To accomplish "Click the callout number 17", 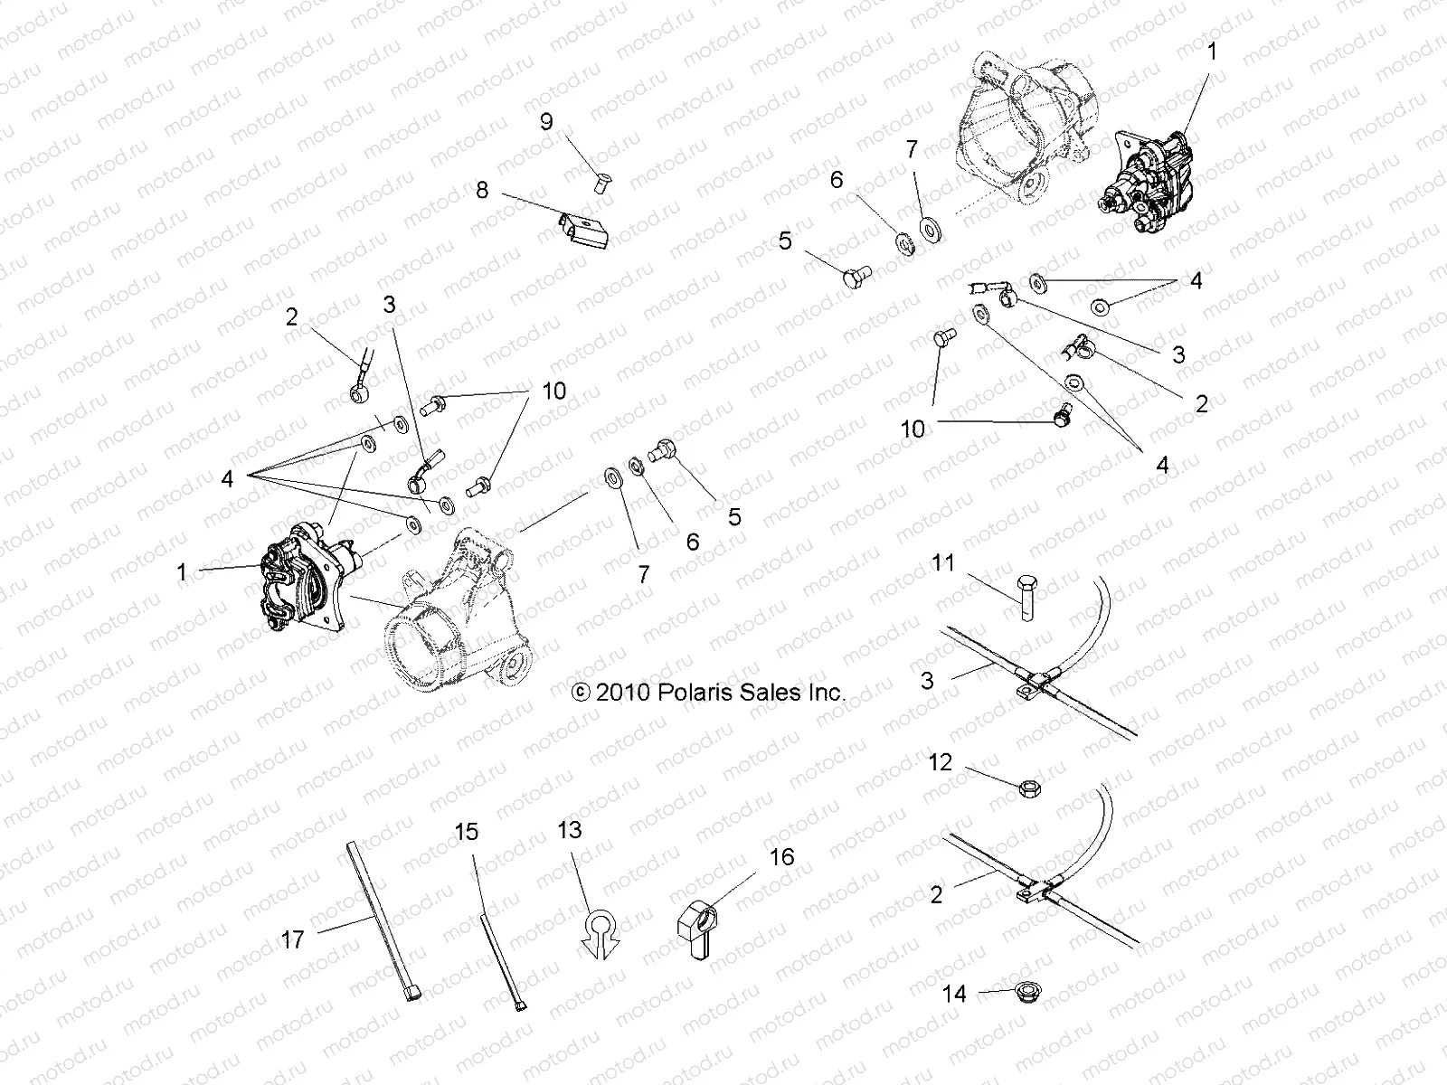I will click(292, 940).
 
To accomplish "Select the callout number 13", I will click(570, 830).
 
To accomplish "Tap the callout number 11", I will click(943, 563).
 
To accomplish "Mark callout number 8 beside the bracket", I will click(482, 190).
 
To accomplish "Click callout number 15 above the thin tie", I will click(466, 832).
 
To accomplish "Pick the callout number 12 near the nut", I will click(941, 762).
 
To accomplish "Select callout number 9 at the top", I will click(546, 122).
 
